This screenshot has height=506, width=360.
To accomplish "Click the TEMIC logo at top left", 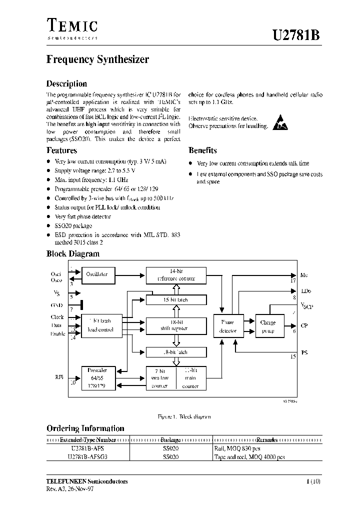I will tap(72, 28).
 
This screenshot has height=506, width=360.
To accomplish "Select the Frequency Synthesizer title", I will tap(97, 59).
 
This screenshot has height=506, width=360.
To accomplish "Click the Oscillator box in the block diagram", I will tap(96, 274).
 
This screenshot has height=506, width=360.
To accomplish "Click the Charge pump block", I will tap(268, 326).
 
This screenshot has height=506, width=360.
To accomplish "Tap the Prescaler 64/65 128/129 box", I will tap(97, 378).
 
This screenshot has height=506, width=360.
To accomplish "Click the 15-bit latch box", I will tap(175, 299).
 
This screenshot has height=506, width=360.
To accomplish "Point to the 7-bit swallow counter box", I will tap(160, 378).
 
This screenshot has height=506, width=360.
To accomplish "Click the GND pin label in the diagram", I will tap(56, 304).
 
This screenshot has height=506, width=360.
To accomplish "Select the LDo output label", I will tap(305, 290).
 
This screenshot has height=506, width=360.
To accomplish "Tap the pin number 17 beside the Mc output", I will tap(293, 281).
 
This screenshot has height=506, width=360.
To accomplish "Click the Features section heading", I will tap(61, 150).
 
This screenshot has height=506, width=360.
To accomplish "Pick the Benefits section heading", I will tap(202, 150).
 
